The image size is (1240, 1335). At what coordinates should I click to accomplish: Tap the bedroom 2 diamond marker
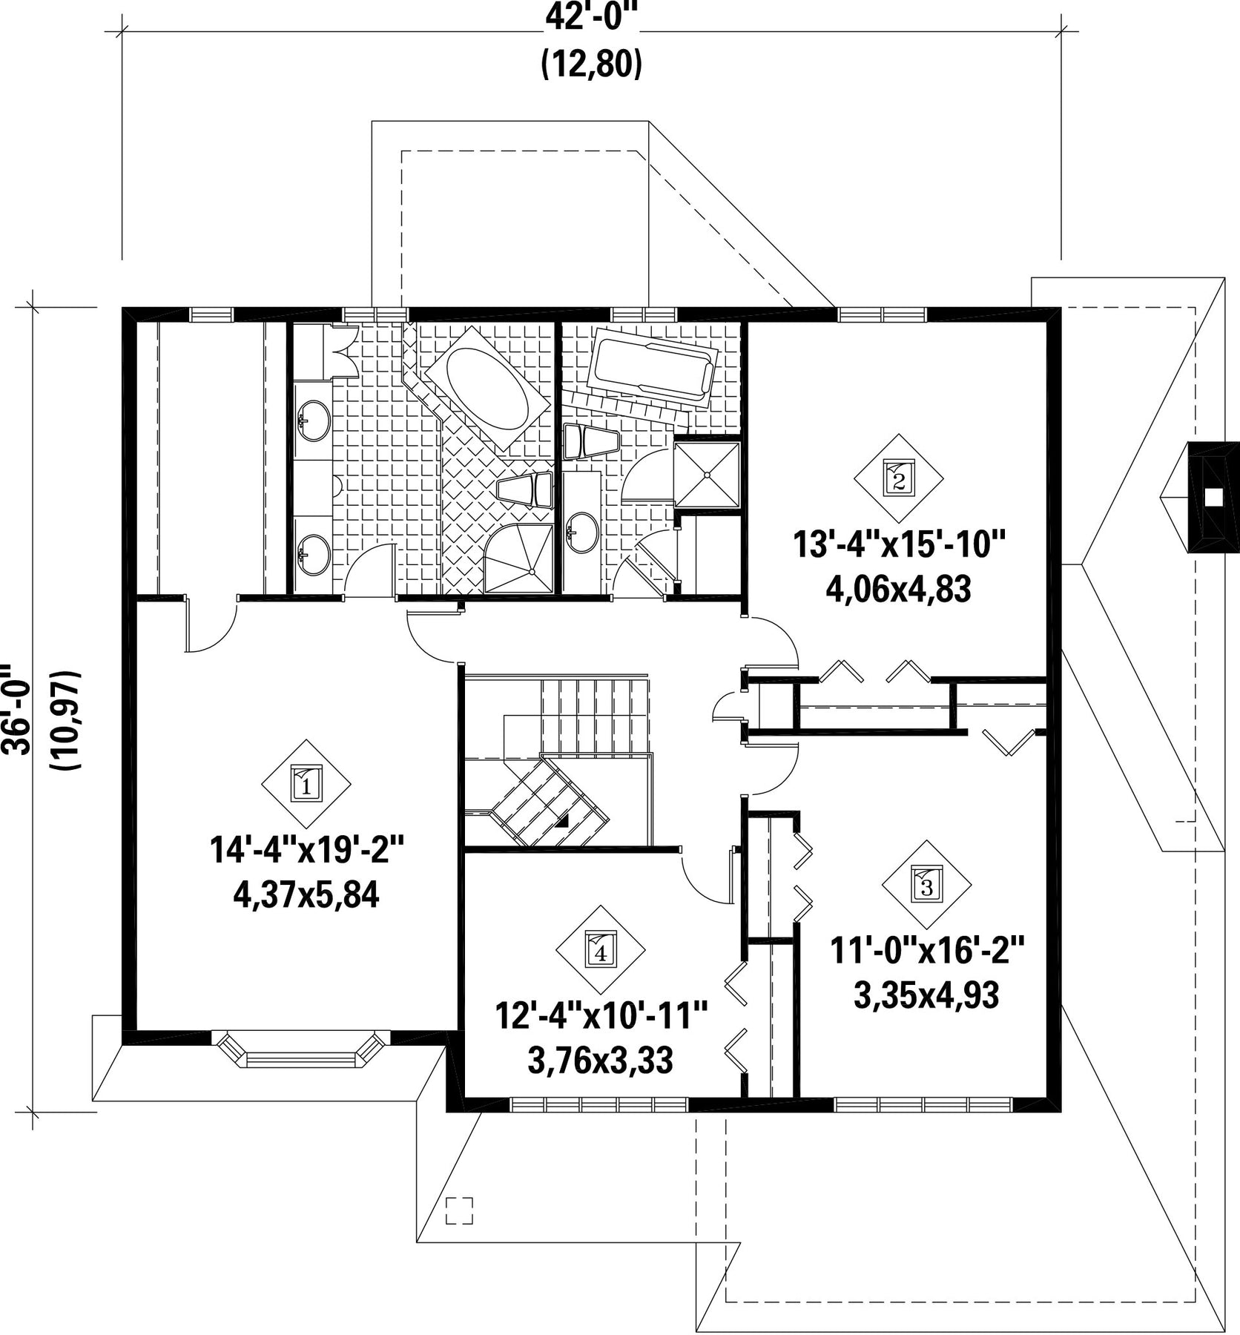pos(898,478)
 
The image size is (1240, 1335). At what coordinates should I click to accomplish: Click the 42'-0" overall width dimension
pos(591,16)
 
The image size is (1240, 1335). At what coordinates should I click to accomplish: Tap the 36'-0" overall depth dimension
pos(16,710)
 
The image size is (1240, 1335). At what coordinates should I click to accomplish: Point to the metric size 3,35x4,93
pos(927,996)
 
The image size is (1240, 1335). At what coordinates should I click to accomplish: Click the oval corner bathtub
pos(486,387)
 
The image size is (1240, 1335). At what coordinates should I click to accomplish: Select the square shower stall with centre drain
pos(707,475)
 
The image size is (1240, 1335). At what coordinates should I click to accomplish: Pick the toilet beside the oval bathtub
pos(524,489)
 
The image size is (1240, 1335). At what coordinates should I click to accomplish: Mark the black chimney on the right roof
pos(1213,497)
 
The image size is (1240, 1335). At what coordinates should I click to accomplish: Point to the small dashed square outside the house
pos(459,1211)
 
